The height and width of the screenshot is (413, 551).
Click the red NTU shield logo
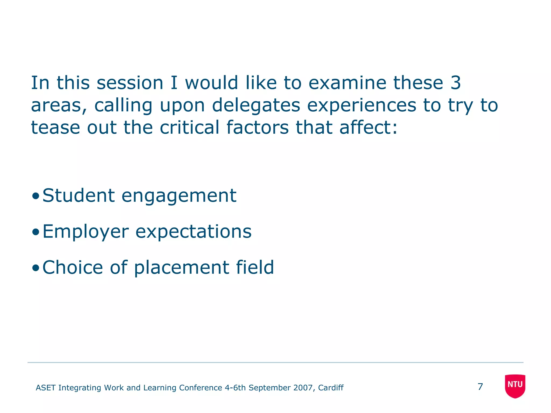(515, 386)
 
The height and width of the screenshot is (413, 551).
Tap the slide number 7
(480, 387)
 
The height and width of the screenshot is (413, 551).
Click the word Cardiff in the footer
(331, 388)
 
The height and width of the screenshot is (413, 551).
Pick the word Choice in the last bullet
(73, 268)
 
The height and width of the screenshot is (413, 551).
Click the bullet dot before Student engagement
(35, 196)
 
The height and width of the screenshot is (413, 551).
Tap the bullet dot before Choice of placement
(35, 268)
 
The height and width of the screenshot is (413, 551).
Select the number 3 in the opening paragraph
(456, 83)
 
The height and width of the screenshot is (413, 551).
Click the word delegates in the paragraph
(256, 106)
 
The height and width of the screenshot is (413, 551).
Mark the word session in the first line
(130, 83)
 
